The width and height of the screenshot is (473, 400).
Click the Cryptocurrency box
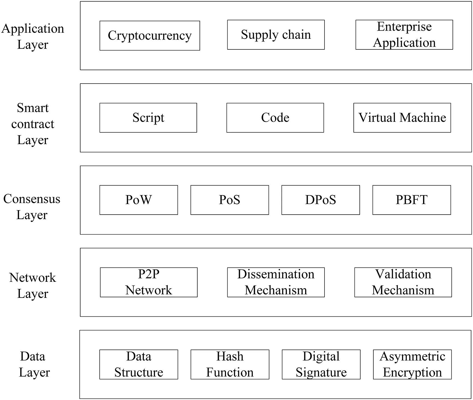click(150, 35)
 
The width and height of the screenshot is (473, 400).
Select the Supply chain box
click(276, 35)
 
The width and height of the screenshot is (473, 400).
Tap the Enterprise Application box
click(404, 35)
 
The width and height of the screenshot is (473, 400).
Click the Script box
click(148, 118)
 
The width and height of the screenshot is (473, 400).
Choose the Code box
click(275, 118)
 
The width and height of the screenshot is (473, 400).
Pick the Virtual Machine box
click(402, 118)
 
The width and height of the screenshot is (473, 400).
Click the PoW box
click(139, 200)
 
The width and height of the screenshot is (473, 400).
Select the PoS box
click(230, 200)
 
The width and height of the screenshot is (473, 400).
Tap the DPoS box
click(320, 200)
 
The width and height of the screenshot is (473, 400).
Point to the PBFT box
click(412, 200)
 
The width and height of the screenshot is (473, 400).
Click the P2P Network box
click(149, 282)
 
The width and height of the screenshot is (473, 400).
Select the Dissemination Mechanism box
click(276, 282)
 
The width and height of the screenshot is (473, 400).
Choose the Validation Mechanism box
click(403, 282)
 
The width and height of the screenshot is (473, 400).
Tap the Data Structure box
click(139, 364)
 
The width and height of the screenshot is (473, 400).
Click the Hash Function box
click(230, 364)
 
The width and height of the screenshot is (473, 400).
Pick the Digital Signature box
click(321, 364)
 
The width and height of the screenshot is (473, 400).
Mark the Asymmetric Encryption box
click(412, 364)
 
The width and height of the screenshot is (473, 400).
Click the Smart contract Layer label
click(33, 124)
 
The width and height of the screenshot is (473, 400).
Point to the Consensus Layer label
click(32, 207)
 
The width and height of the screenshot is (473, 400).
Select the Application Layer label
click(33, 36)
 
